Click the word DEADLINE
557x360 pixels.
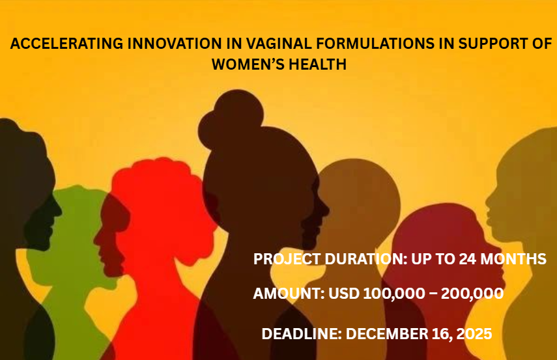coord(301,334)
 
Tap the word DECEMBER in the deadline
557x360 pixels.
coord(386,334)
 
